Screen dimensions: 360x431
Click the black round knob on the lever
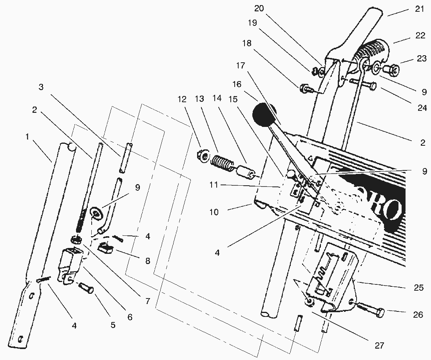pos(263,113)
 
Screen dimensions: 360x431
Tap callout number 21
pos(419,9)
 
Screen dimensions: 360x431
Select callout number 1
pos(27,137)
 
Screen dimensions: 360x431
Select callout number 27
pos(378,345)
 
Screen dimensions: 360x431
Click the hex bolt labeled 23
pos(389,71)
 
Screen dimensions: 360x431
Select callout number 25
pos(418,288)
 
